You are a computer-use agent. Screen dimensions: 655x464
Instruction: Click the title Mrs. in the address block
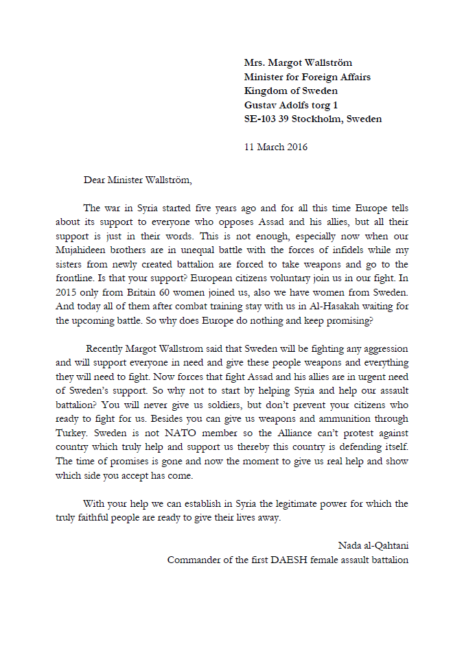[255, 63]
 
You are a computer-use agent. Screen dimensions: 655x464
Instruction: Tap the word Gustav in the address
[261, 105]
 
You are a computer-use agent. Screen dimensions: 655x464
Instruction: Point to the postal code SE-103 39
[266, 119]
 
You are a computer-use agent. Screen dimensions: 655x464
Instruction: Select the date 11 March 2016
[276, 147]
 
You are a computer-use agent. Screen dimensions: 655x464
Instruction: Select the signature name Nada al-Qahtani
[373, 545]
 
